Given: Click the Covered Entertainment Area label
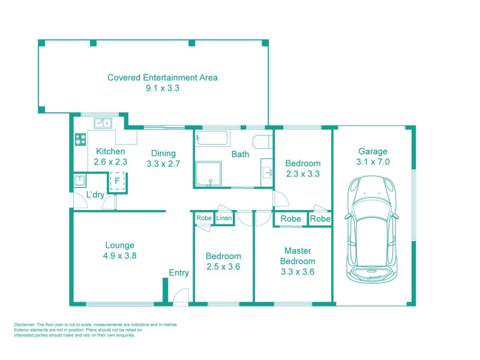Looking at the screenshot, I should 162,77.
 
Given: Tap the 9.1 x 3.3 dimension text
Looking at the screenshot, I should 162,88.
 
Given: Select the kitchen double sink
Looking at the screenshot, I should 103,123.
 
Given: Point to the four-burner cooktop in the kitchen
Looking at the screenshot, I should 80,139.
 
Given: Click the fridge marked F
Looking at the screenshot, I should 117,180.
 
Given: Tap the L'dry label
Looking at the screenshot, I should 95,195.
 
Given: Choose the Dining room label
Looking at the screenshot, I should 163,152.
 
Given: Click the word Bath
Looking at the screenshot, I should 240,154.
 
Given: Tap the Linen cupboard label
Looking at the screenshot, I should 223,218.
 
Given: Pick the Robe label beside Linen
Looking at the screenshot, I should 204,218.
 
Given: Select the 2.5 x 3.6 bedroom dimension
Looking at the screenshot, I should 223,266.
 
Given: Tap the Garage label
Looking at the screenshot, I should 373,151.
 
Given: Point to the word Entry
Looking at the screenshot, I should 179,273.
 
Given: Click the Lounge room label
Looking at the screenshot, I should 119,245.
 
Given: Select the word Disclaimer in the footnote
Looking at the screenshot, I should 26,325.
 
